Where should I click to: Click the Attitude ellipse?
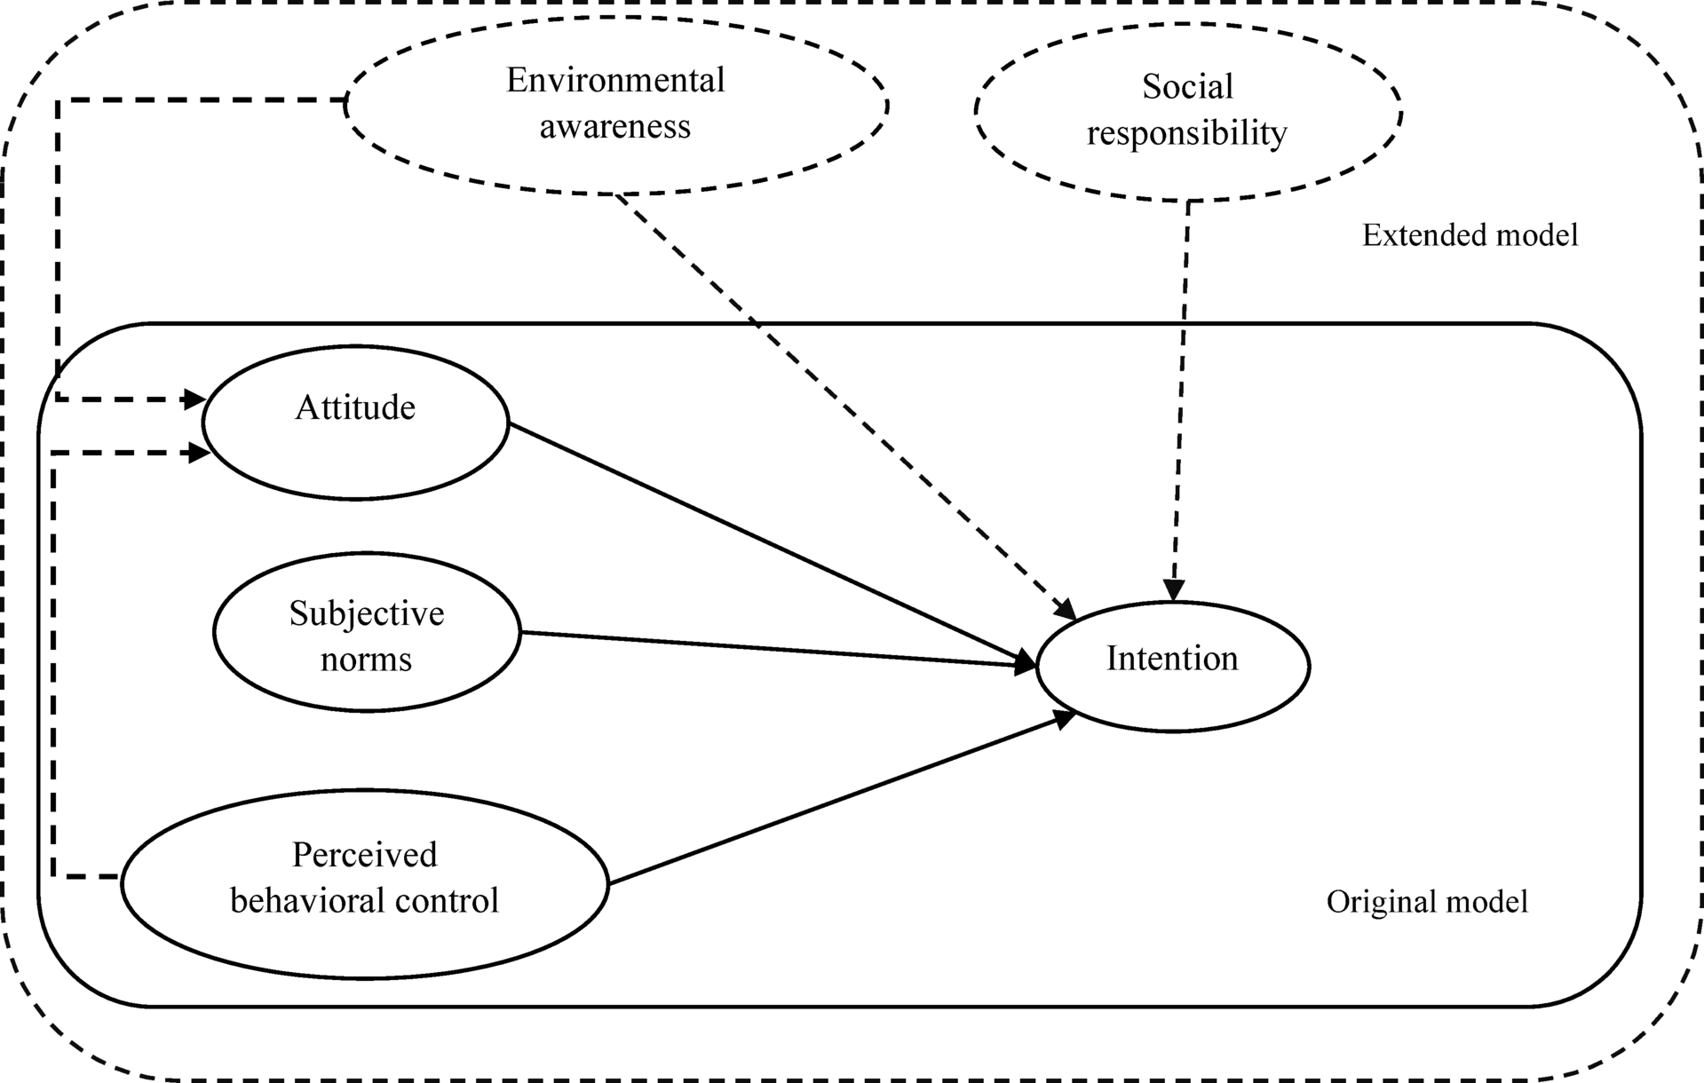[x=355, y=423]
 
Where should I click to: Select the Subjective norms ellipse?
[x=366, y=632]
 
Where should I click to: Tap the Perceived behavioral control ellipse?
[x=364, y=884]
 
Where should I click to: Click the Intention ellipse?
[x=1172, y=666]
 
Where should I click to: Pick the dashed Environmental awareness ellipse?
[x=615, y=104]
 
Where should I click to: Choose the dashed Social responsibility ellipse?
[x=1187, y=111]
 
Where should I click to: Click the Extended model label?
[x=1470, y=235]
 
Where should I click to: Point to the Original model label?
[x=1427, y=902]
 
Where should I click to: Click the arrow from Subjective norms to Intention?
[x=773, y=649]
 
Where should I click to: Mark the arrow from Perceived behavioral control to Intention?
[x=835, y=802]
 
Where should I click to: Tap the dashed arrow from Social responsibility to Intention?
[x=1182, y=399]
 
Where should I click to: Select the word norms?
[x=366, y=660]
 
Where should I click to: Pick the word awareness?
[x=615, y=127]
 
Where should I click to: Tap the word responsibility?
[x=1187, y=134]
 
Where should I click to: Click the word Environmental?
[x=615, y=81]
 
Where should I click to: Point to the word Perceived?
[x=364, y=855]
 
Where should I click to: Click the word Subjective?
[x=366, y=613]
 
